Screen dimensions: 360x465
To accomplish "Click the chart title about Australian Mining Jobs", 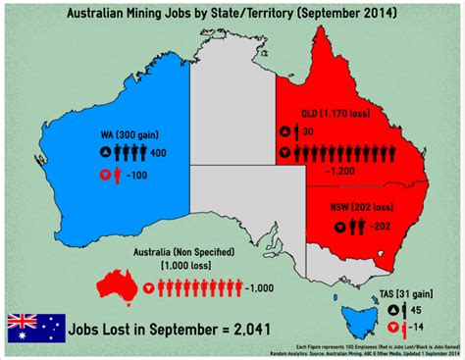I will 232,15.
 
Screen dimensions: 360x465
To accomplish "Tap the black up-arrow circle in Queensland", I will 284,131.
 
